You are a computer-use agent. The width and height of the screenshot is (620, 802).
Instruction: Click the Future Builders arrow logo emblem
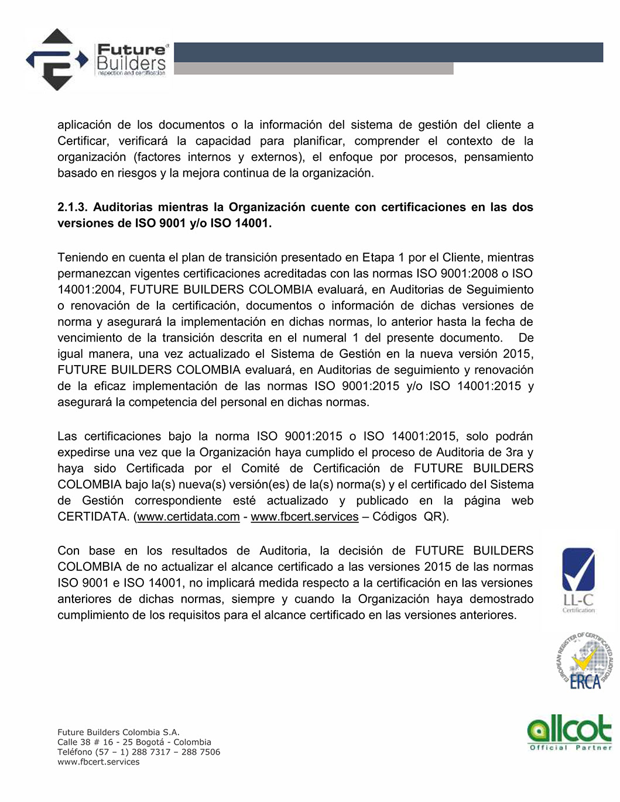tap(57, 59)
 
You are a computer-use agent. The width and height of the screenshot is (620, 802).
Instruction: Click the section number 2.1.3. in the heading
tap(72, 207)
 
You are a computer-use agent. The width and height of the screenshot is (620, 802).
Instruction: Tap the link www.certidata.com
tap(189, 517)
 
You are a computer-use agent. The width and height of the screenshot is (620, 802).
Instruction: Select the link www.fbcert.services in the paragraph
tap(304, 517)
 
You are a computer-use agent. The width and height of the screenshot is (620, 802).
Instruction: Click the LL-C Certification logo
tap(578, 580)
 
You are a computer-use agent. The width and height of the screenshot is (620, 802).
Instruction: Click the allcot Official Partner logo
tap(569, 732)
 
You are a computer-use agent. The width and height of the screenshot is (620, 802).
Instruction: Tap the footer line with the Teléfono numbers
tap(139, 752)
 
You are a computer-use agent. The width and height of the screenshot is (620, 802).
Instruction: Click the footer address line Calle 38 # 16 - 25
tap(134, 742)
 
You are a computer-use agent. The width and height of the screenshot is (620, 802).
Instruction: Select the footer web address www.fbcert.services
tap(98, 762)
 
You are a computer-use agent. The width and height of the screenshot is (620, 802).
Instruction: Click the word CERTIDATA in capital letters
tap(93, 517)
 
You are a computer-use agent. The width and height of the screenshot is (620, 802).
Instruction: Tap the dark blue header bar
tap(388, 52)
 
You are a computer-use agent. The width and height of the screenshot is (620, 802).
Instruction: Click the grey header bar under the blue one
tap(313, 69)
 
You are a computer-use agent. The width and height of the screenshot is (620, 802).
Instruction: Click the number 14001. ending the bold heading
tap(253, 223)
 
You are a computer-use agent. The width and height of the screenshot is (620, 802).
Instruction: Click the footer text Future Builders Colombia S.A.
tap(118, 732)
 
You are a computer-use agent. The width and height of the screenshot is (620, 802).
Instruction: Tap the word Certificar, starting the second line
tap(83, 141)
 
